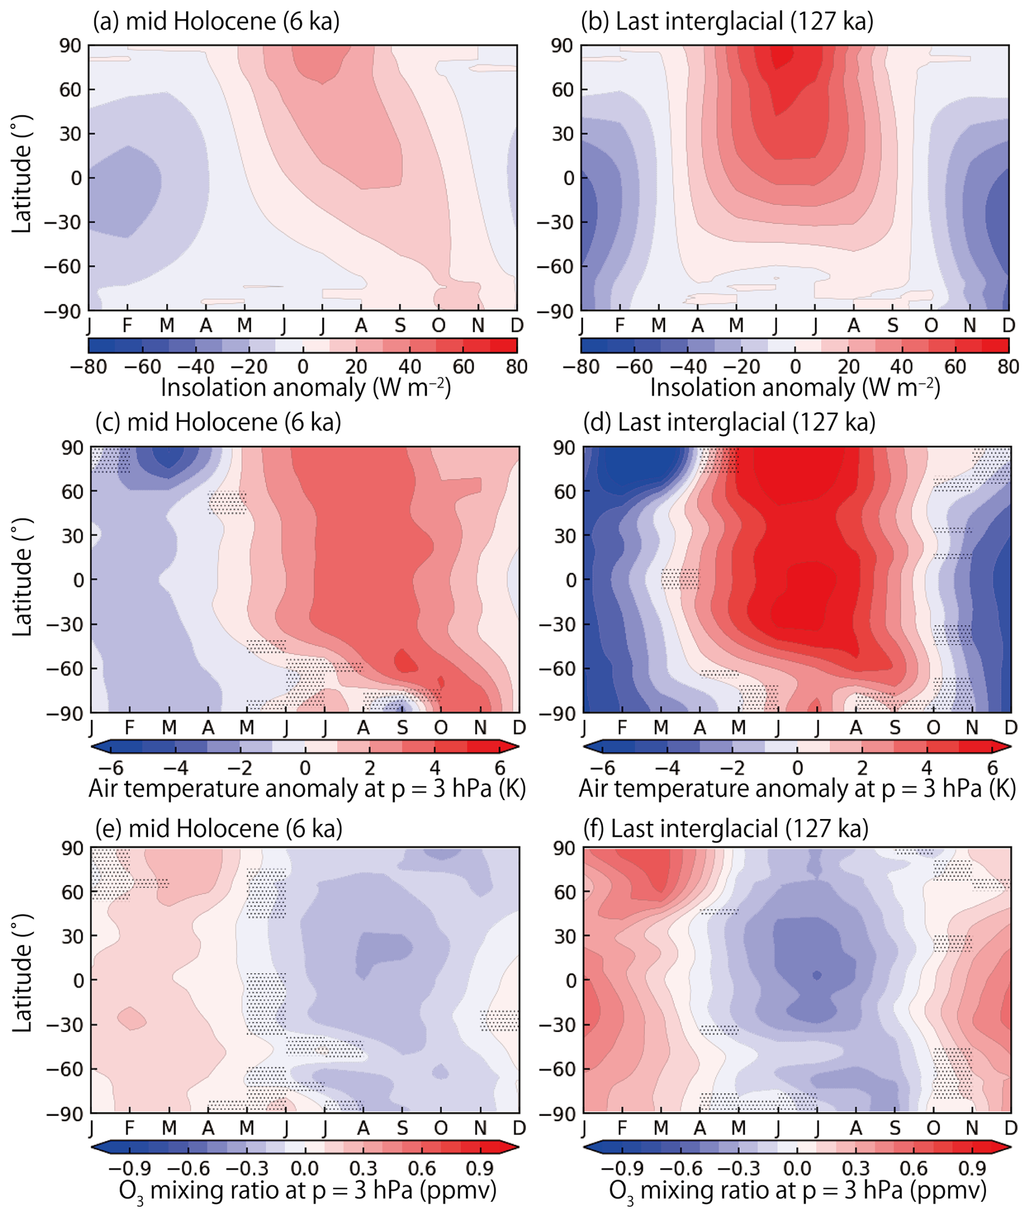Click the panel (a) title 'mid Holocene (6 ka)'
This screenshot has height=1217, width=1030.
point(217,22)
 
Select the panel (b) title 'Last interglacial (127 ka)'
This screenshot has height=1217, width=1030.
point(727,22)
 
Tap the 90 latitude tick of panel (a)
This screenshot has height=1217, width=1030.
point(70,46)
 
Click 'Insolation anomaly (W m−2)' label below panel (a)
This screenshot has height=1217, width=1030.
point(305,388)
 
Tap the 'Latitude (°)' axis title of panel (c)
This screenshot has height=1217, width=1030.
point(22,580)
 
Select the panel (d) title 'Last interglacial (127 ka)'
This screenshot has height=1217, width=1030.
point(729,422)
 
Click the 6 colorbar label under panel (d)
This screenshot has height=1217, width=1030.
point(992,768)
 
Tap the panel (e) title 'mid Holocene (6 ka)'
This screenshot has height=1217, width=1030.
point(219,829)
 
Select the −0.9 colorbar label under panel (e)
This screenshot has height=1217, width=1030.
point(129,1169)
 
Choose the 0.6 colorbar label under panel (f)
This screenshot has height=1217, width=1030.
point(913,1169)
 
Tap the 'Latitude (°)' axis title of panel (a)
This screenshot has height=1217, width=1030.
point(22,175)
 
